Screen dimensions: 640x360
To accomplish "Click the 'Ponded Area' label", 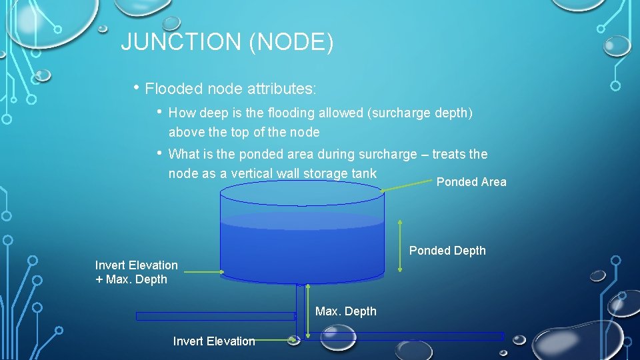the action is click(x=471, y=182).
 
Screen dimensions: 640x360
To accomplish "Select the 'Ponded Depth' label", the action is click(x=447, y=251).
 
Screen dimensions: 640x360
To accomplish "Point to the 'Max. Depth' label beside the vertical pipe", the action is click(x=345, y=311).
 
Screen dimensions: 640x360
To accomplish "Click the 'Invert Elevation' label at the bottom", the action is click(x=213, y=341).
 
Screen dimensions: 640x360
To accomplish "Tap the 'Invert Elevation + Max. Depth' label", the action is click(x=136, y=272).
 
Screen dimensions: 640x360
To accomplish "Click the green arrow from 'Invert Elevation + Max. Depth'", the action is click(x=203, y=271).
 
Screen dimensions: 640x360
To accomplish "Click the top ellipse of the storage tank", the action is click(x=302, y=193).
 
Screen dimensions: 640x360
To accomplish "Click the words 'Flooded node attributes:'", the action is click(x=231, y=89).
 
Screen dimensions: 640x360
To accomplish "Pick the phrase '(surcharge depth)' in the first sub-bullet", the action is click(x=420, y=113).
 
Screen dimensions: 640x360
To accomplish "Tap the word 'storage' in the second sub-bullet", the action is click(x=325, y=173).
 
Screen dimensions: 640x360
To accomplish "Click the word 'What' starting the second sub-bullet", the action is click(x=183, y=154).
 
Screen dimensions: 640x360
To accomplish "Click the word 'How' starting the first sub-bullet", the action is click(x=181, y=113).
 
